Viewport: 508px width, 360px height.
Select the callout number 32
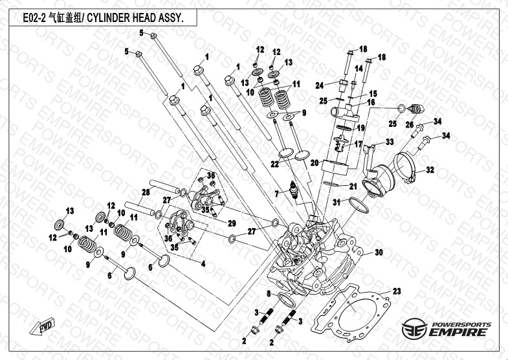pos(430,170)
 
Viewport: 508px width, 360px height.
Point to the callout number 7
pos(276,194)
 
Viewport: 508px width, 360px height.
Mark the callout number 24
pos(319,85)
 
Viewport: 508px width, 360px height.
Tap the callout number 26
pos(409,125)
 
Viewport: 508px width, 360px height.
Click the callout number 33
pos(390,142)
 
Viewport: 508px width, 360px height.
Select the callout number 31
pos(336,203)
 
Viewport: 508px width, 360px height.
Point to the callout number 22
pos(274,164)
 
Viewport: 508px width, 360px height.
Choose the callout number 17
pos(358,144)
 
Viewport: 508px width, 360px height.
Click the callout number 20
pos(313,163)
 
